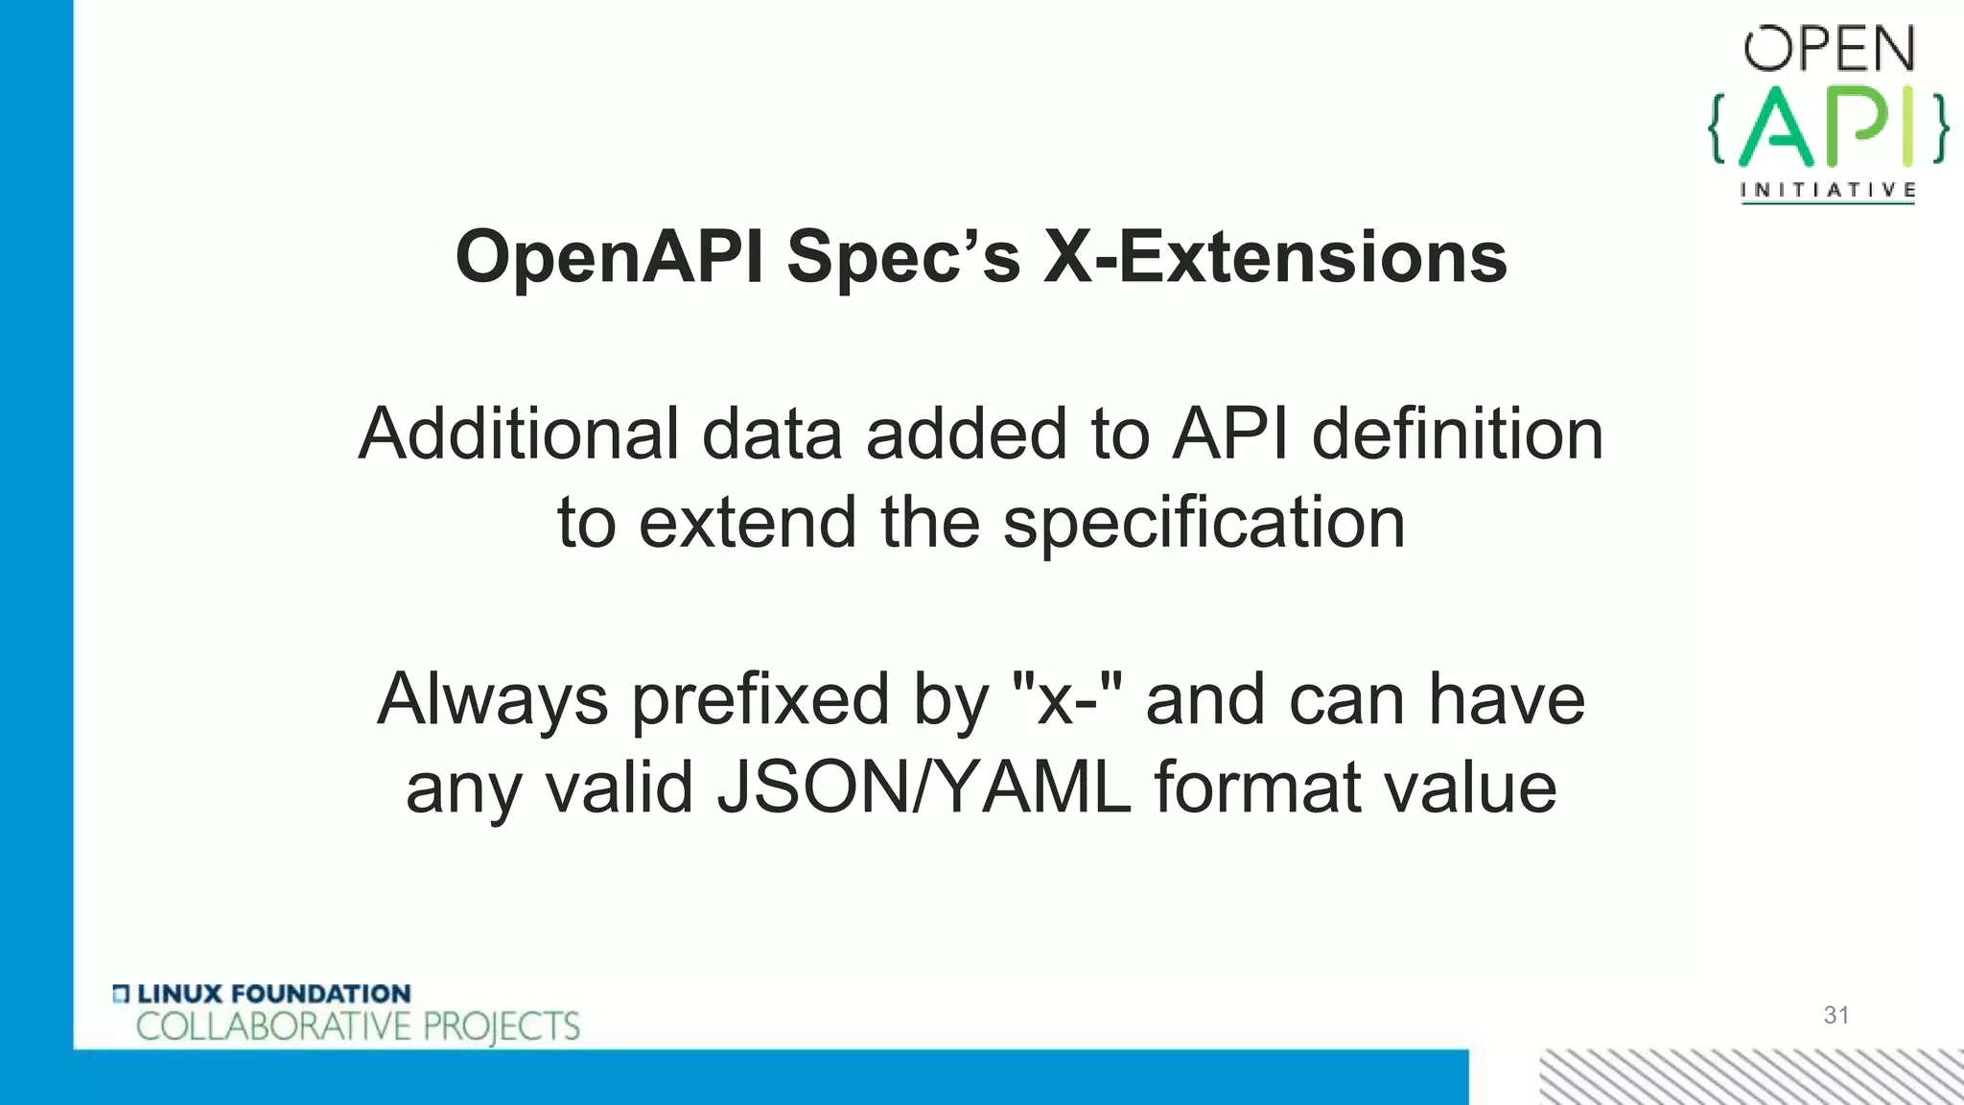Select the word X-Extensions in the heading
pyautogui.click(x=1274, y=257)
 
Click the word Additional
pyautogui.click(x=517, y=434)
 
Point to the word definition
pyautogui.click(x=1457, y=434)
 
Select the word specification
pyautogui.click(x=1204, y=523)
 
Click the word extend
pyautogui.click(x=747, y=523)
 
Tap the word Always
pyautogui.click(x=492, y=699)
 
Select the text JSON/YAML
pyautogui.click(x=924, y=788)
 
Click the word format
pyautogui.click(x=1256, y=788)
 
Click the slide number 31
pyautogui.click(x=1835, y=1015)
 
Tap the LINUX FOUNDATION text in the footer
pyautogui.click(x=273, y=994)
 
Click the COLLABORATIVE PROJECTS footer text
pyautogui.click(x=358, y=1027)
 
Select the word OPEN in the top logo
pyautogui.click(x=1829, y=50)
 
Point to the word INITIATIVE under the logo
pyautogui.click(x=1828, y=190)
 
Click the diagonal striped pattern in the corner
pyautogui.click(x=1751, y=1076)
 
